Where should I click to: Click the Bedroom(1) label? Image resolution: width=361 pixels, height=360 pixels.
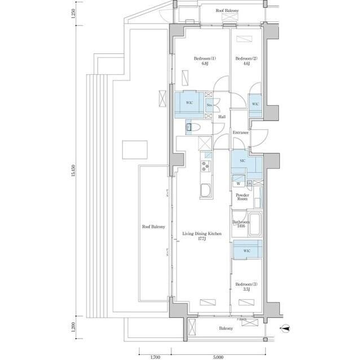pos(202,61)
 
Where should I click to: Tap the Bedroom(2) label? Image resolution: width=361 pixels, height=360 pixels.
pos(243,61)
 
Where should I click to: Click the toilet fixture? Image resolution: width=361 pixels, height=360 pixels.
pos(191,128)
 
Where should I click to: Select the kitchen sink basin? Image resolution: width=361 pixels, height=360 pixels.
pos(205,190)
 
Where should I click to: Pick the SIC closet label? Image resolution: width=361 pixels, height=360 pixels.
pos(242,161)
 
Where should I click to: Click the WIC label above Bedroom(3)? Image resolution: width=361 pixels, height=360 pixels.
pos(248,251)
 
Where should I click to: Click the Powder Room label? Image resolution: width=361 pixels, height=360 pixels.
pos(242,197)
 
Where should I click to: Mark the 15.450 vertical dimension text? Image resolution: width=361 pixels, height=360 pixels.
pos(73,173)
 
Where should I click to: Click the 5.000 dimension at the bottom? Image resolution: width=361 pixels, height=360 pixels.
pos(219,357)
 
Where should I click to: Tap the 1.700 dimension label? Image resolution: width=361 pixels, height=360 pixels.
pos(155,357)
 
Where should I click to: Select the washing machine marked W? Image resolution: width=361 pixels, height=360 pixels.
pos(238,183)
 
